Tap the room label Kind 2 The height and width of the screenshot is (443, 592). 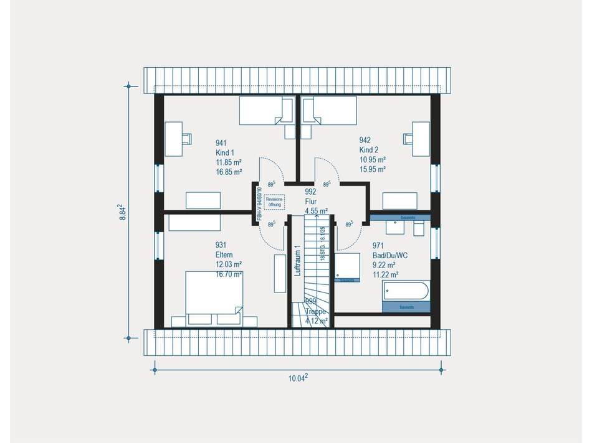point(368,150)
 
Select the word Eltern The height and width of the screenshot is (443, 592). point(225,254)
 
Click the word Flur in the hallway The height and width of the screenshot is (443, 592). point(312,202)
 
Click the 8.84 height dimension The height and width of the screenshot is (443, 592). point(123,212)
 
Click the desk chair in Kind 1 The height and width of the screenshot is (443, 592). point(185,138)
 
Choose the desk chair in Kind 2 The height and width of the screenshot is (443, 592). point(409,138)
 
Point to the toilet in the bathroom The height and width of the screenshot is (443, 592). point(419,228)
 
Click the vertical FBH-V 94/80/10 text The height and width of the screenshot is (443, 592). point(259,202)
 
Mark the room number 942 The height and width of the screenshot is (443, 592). point(365,140)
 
